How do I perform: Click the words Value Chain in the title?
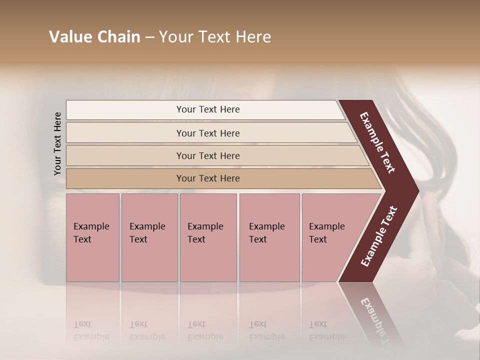pyautogui.click(x=94, y=37)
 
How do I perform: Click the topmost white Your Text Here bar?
pyautogui.click(x=208, y=109)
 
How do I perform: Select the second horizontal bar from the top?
pyautogui.click(x=208, y=133)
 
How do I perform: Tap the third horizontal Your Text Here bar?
pyautogui.click(x=208, y=156)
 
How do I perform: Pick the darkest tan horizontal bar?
pyautogui.click(x=208, y=178)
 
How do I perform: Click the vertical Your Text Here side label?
pyautogui.click(x=57, y=143)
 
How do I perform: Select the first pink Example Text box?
pyautogui.click(x=92, y=237)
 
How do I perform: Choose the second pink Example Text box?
pyautogui.click(x=149, y=237)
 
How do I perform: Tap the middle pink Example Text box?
pyautogui.click(x=208, y=237)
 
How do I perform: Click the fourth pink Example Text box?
pyautogui.click(x=269, y=237)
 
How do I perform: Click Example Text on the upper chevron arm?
pyautogui.click(x=377, y=142)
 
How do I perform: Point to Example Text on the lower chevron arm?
pyautogui.click(x=379, y=236)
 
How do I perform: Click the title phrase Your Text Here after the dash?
pyautogui.click(x=215, y=37)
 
